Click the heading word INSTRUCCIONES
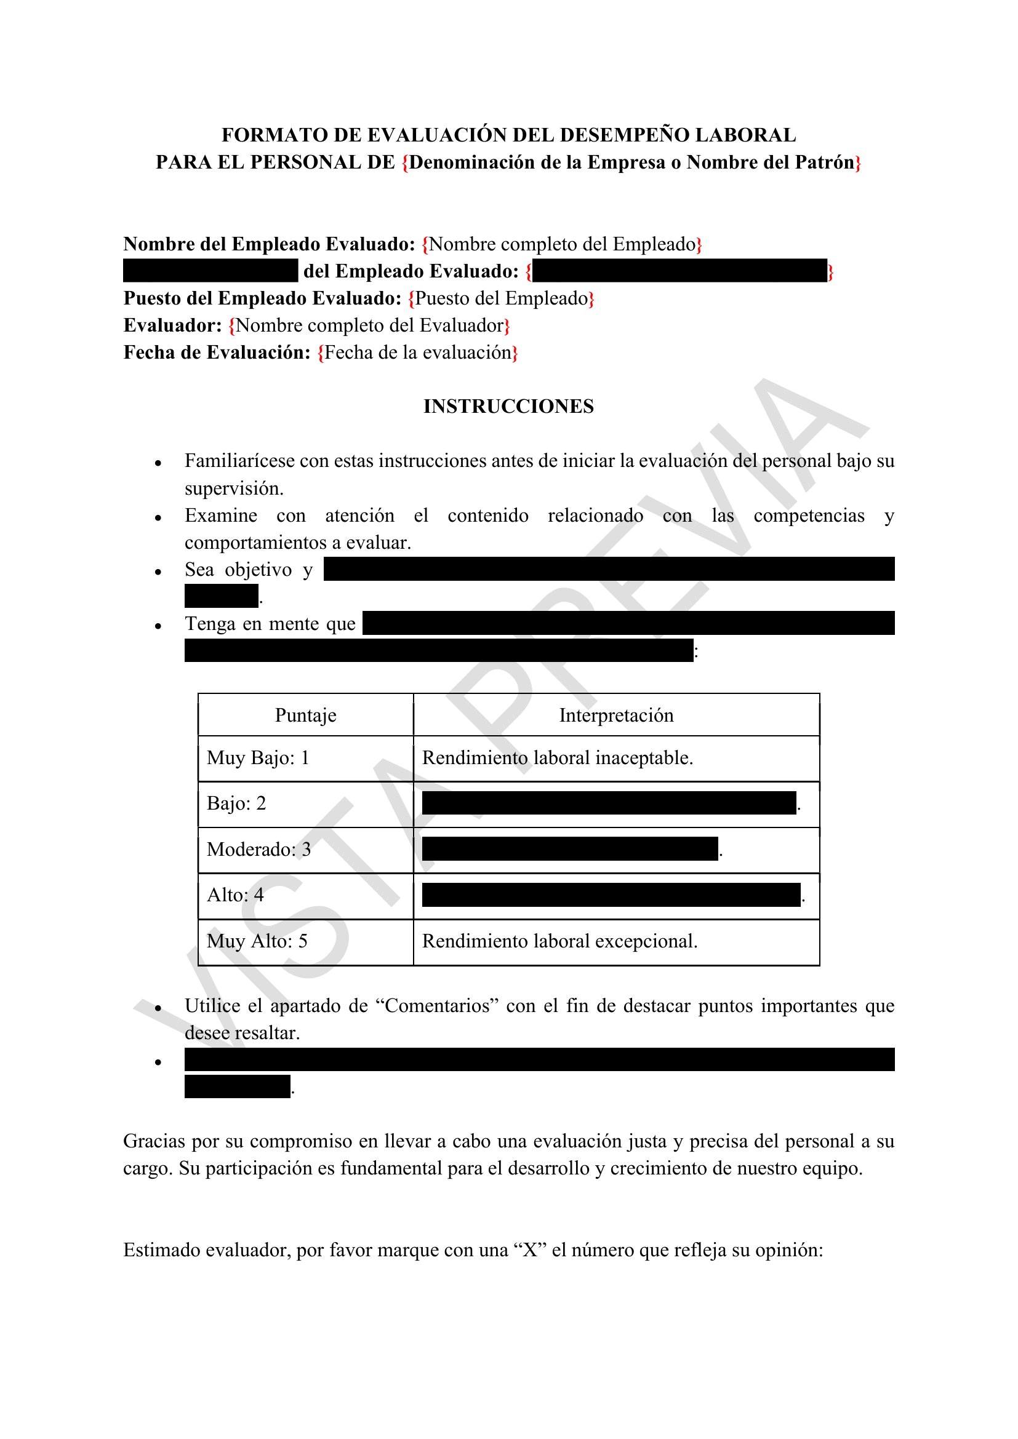pyautogui.click(x=508, y=407)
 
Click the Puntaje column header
pyautogui.click(x=305, y=715)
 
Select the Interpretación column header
pyautogui.click(x=615, y=715)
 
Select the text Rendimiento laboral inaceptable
pyautogui.click(x=557, y=758)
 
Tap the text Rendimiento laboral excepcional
pyautogui.click(x=559, y=941)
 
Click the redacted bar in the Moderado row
pyautogui.click(x=570, y=848)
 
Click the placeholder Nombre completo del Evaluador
pyautogui.click(x=369, y=325)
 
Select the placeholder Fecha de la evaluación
pyautogui.click(x=417, y=353)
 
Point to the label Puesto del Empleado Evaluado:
pyautogui.click(x=262, y=298)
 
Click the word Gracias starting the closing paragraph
pyautogui.click(x=154, y=1141)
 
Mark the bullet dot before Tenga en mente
pyautogui.click(x=158, y=626)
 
